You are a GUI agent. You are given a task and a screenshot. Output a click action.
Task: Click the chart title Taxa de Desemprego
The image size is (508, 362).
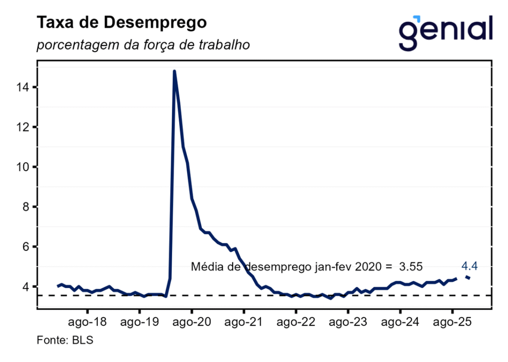point(122,23)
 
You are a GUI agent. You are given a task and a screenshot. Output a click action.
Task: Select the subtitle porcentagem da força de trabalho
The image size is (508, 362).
point(143,45)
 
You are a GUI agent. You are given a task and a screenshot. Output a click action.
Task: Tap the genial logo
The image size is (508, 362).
point(446,31)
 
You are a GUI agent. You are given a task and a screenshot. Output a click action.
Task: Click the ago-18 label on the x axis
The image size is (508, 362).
point(88,322)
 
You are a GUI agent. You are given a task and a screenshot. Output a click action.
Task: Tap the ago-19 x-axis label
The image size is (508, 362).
point(139,322)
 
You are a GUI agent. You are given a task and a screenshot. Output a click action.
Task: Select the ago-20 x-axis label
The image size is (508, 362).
point(191,322)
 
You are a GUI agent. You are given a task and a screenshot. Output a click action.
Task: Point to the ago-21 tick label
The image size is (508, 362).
point(244,322)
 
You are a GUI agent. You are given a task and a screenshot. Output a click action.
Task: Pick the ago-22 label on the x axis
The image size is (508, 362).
point(296,322)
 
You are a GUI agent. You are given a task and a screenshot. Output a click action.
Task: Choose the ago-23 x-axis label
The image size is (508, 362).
point(348,322)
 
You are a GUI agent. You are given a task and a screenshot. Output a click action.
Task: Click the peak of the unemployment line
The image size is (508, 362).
point(174,71)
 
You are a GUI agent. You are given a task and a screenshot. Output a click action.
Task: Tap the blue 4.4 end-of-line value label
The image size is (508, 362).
point(469,266)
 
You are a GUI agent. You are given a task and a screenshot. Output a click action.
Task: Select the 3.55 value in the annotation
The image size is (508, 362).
point(411,266)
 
